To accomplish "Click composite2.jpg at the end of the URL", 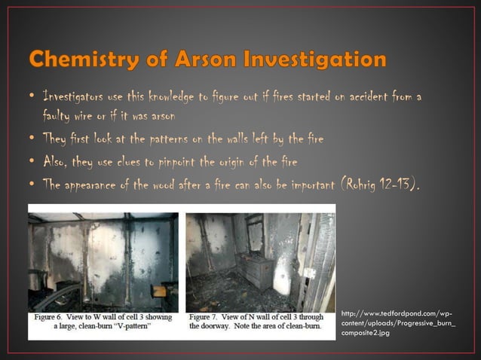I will click(365, 332).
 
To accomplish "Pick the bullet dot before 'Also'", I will click(30, 161).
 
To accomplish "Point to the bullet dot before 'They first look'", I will click(30, 139).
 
